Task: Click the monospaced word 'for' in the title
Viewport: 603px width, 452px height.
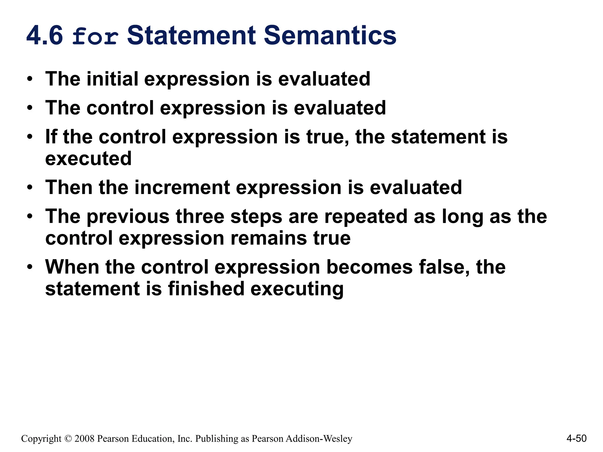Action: [95, 36]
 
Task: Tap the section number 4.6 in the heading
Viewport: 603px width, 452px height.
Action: [45, 36]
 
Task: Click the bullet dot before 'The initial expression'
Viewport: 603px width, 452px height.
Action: [29, 79]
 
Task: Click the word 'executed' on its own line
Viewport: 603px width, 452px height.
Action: [88, 159]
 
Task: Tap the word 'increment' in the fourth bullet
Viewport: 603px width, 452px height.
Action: [182, 187]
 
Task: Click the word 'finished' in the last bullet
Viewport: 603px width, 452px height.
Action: [206, 289]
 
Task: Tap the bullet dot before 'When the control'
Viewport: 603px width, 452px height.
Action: [29, 267]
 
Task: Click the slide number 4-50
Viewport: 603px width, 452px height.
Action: [576, 438]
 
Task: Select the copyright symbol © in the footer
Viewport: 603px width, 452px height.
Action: [68, 439]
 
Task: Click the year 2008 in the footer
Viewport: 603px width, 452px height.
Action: [84, 439]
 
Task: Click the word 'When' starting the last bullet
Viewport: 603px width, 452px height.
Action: [72, 267]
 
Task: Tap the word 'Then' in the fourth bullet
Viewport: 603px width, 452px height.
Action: [69, 187]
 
